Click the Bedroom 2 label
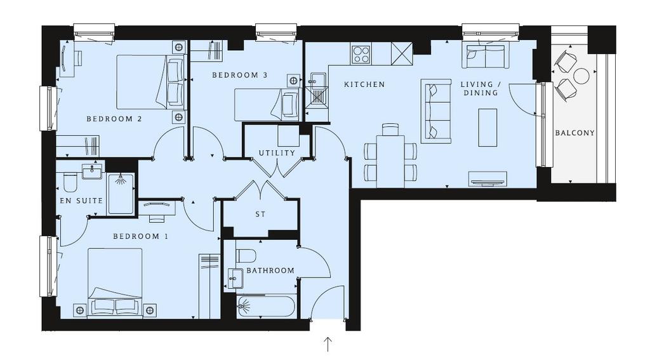(114, 119)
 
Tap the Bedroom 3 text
(239, 75)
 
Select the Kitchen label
(364, 84)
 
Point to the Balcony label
(574, 133)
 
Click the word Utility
(277, 153)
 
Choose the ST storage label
(260, 215)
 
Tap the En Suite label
(81, 201)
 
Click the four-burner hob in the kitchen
(361, 55)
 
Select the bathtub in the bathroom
(266, 307)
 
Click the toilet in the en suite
(70, 182)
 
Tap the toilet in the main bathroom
(246, 255)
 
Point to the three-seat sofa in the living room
(436, 111)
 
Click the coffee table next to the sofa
(487, 128)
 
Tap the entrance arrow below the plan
(328, 344)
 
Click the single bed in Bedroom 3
(266, 105)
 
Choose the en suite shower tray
(121, 194)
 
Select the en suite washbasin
(92, 171)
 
